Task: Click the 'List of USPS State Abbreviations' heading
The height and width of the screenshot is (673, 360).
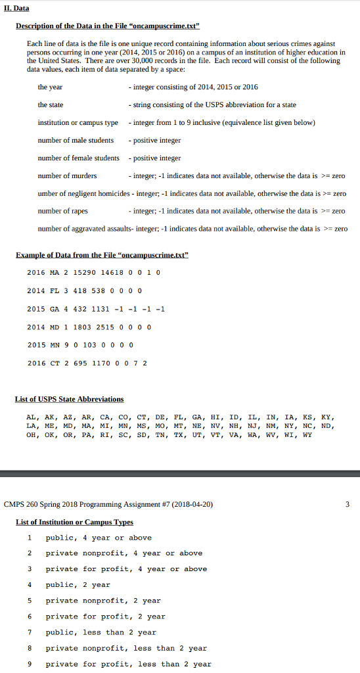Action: click(69, 399)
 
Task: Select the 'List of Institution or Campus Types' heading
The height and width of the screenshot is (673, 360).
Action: click(74, 522)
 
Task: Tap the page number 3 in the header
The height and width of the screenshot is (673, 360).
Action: click(348, 505)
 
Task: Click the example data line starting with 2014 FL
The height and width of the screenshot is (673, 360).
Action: click(84, 290)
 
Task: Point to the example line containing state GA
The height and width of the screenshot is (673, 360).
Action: click(95, 309)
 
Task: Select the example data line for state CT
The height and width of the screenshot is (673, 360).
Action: click(87, 363)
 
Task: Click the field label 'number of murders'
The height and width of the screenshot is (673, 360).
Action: click(67, 175)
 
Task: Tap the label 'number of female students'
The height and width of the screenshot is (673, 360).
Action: click(79, 158)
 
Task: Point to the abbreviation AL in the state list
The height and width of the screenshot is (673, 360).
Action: click(31, 417)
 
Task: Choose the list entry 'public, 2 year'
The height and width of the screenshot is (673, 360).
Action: click(78, 585)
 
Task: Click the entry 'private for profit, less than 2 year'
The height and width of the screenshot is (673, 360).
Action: click(128, 664)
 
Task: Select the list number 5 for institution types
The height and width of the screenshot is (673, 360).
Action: click(29, 601)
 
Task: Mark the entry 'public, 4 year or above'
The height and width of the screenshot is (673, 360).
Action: click(99, 538)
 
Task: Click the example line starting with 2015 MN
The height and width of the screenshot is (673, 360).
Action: click(79, 345)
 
